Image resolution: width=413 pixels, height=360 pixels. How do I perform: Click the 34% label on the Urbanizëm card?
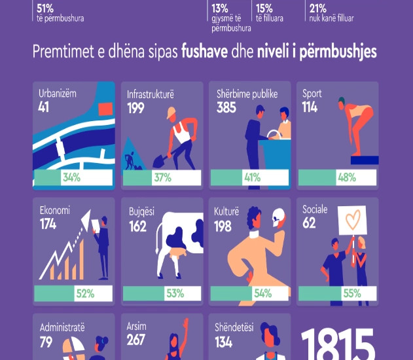tap(71, 177)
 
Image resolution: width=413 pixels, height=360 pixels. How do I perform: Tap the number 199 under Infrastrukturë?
tap(136, 107)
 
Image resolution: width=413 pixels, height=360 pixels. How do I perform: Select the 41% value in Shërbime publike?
tap(252, 177)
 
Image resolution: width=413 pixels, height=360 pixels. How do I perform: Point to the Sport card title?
tap(312, 94)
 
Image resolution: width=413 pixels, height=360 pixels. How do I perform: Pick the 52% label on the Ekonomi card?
tap(85, 293)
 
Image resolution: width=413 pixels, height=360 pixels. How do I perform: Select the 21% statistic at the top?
tap(317, 8)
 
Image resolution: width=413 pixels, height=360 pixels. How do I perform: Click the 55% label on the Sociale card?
tap(351, 293)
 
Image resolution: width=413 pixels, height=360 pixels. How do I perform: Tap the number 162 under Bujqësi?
tap(137, 226)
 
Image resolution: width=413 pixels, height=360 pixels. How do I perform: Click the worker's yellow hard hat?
tap(171, 113)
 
